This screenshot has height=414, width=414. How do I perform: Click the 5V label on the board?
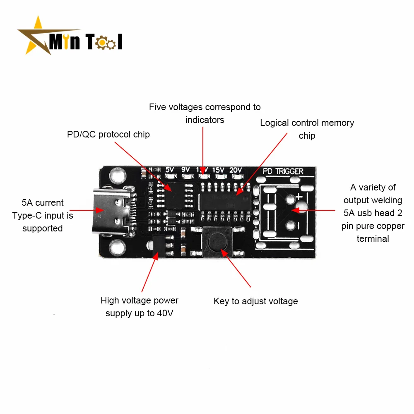tap(170, 170)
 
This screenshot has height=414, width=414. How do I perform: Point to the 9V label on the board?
tap(185, 170)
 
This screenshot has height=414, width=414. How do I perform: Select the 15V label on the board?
tap(218, 170)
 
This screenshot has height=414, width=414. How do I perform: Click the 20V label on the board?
tap(235, 170)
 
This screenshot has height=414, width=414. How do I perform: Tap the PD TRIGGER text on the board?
tap(283, 171)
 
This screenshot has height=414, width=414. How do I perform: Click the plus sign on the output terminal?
tap(299, 196)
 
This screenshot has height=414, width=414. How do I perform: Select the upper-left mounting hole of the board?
tap(117, 175)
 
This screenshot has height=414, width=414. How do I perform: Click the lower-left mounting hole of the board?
tap(117, 248)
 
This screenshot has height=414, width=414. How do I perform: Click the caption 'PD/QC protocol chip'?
tap(108, 135)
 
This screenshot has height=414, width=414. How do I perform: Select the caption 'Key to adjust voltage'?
tap(256, 301)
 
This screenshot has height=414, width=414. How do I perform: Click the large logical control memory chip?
tap(224, 202)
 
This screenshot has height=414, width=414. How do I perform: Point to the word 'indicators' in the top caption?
tap(205, 120)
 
